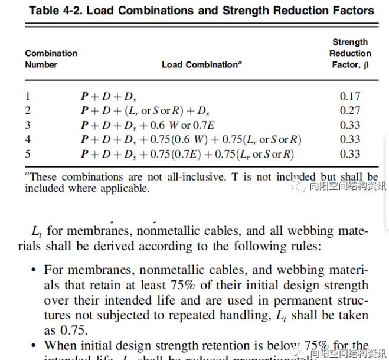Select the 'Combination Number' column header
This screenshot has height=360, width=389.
tap(51, 58)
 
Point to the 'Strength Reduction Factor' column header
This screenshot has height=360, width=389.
tap(350, 53)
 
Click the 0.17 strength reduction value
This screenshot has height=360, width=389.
tap(350, 96)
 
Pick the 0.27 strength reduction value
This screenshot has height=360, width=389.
tap(350, 110)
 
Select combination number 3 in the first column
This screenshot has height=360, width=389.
tap(28, 125)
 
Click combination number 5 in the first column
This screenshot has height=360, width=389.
tap(28, 154)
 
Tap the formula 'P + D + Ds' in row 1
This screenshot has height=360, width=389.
tap(109, 96)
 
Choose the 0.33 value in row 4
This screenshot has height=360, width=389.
tap(350, 140)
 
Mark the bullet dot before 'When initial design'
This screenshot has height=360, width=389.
tap(34, 345)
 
